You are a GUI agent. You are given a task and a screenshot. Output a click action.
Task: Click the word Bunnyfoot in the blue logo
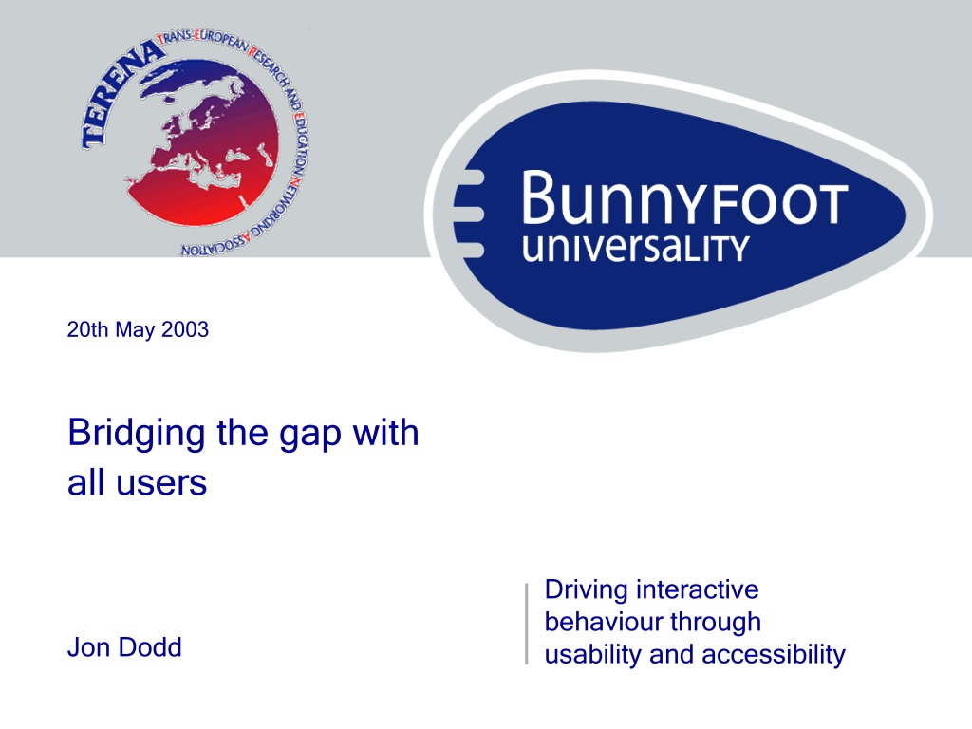[x=684, y=198]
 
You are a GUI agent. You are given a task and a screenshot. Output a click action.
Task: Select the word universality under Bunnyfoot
[x=635, y=248]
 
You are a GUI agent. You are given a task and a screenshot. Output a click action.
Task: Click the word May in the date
[x=136, y=330]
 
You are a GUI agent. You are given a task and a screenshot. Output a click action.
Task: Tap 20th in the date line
[x=87, y=329]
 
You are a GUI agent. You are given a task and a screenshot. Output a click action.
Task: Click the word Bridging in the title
[x=137, y=434]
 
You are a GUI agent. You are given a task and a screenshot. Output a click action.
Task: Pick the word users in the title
[x=161, y=483]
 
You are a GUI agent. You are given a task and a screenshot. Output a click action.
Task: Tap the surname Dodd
[x=150, y=647]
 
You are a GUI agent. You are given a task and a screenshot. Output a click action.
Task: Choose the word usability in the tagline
[x=593, y=656]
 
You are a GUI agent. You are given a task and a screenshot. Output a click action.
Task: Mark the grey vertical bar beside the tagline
[x=526, y=624]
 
